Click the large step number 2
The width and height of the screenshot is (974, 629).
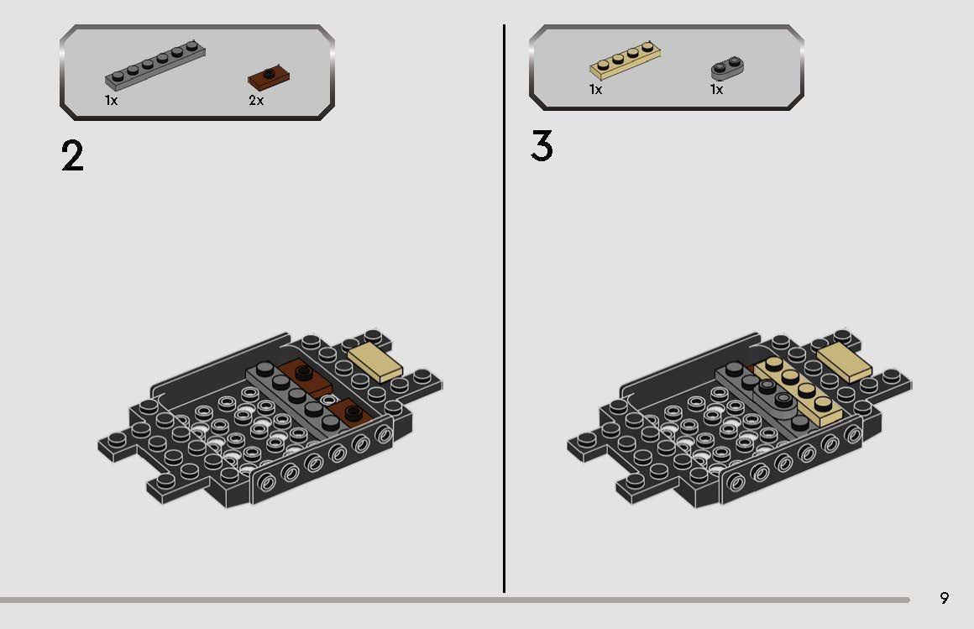click(73, 156)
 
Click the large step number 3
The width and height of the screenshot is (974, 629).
click(542, 146)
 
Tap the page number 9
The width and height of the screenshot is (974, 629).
click(945, 598)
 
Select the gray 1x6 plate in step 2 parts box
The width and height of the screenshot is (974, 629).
click(155, 66)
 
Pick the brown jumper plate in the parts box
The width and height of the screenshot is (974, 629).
click(268, 77)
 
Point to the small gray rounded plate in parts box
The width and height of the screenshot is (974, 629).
click(728, 68)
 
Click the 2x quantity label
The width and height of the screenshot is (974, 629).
click(256, 101)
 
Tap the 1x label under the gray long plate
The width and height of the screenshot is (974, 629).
click(111, 101)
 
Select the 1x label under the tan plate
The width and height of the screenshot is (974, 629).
click(595, 90)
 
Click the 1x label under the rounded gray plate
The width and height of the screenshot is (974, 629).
click(716, 90)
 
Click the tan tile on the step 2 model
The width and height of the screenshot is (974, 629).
click(374, 361)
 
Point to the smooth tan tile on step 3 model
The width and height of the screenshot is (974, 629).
click(844, 361)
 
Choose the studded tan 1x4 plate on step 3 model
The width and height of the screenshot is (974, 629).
click(793, 388)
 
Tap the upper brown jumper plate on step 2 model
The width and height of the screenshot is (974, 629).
click(307, 373)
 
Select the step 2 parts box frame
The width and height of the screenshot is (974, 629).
click(197, 29)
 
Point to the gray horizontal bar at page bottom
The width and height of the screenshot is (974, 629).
click(453, 600)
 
